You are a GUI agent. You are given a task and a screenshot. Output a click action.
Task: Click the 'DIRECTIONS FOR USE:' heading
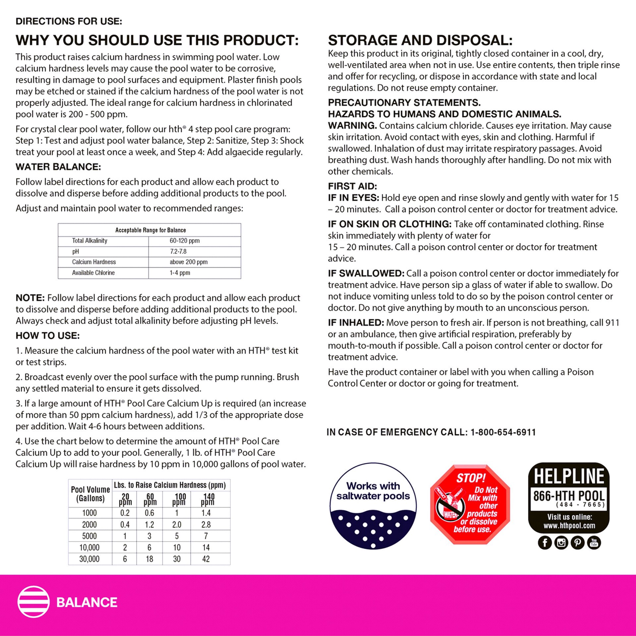(69, 22)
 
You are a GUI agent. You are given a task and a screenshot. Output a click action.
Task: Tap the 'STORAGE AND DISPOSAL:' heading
(420, 40)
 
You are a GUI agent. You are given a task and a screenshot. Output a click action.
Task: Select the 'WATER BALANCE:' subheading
(58, 167)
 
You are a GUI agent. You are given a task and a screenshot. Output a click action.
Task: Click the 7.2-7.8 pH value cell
(178, 251)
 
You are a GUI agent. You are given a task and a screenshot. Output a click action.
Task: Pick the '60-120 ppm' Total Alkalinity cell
(184, 241)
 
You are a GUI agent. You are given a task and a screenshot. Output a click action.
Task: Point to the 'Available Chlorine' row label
(93, 273)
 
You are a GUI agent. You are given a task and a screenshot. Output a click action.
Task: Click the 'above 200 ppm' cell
(188, 262)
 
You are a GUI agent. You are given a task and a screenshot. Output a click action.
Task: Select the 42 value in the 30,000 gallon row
(206, 559)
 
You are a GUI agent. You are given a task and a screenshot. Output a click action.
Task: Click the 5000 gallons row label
(89, 536)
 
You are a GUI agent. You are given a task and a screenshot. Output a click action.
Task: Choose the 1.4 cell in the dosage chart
(206, 513)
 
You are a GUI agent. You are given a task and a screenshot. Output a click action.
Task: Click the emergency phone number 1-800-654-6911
(503, 432)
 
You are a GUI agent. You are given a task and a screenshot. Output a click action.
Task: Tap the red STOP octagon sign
(470, 504)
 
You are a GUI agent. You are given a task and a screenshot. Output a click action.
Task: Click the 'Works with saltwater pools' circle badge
(373, 506)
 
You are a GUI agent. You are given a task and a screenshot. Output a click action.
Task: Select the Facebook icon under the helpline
(545, 543)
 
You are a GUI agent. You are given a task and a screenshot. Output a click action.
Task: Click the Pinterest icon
(577, 543)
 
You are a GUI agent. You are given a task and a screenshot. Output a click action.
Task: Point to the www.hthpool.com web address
(569, 526)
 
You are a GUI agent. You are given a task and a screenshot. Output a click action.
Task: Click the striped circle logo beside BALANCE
(33, 602)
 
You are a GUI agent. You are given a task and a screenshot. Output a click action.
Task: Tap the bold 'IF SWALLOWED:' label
(366, 274)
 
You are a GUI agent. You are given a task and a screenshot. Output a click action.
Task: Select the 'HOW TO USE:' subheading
(48, 336)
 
